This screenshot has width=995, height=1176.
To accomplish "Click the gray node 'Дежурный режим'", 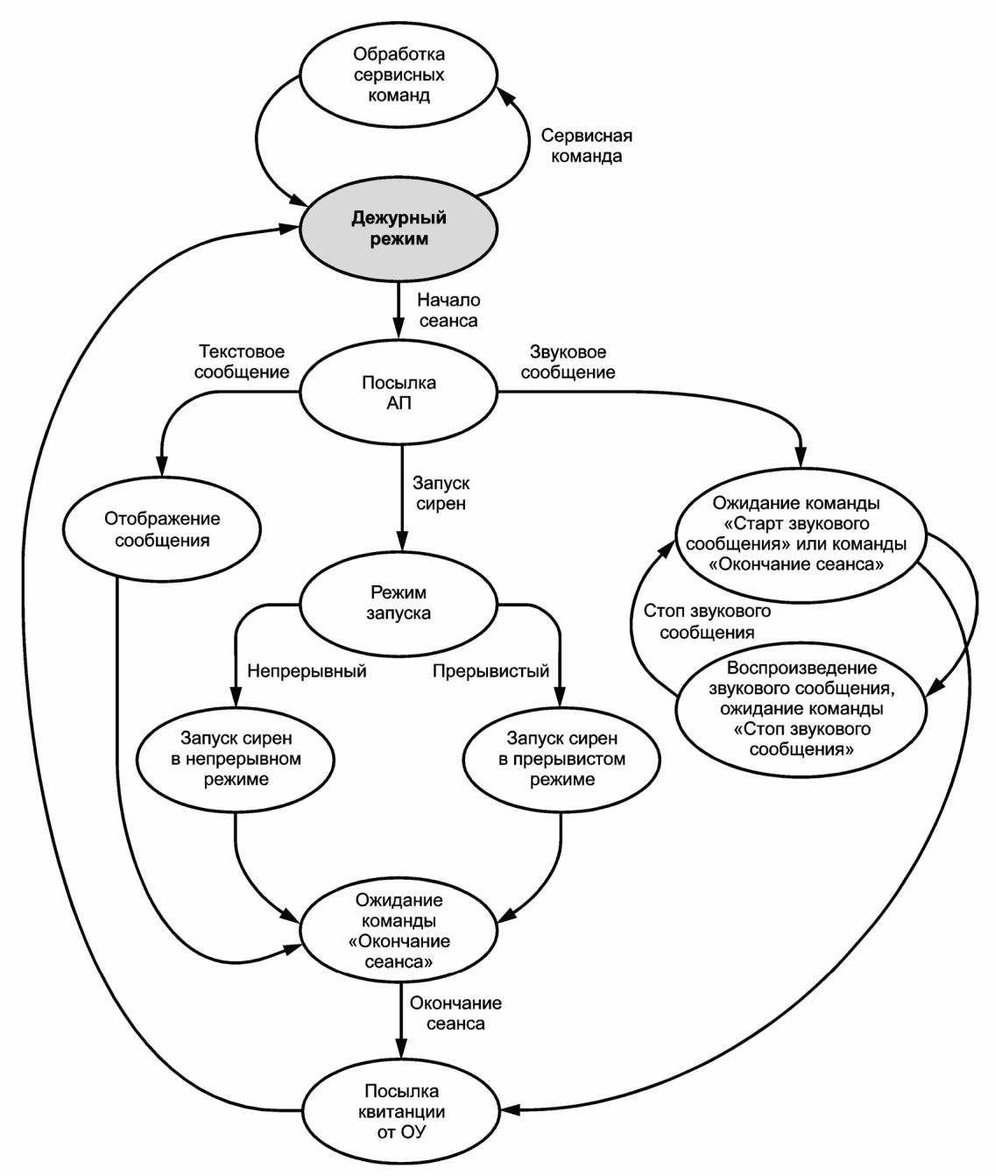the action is (399, 229).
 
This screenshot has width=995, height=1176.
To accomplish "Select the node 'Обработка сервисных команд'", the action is (399, 74).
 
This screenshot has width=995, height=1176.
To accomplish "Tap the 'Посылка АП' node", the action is (399, 392).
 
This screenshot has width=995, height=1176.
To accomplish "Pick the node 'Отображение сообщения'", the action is (162, 529).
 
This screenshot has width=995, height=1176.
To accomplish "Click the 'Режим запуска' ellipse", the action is (399, 603).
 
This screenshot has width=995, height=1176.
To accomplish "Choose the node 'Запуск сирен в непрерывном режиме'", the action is (236, 758).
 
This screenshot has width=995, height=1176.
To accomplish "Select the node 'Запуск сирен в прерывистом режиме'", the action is (561, 758).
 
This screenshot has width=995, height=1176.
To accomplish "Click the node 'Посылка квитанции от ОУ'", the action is (401, 1110).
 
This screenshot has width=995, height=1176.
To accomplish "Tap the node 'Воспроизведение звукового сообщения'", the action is (801, 710).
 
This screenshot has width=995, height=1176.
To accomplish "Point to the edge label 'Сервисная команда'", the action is (586, 145).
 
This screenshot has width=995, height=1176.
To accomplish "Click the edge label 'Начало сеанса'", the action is (448, 310).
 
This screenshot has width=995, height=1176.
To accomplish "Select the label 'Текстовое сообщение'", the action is (242, 361).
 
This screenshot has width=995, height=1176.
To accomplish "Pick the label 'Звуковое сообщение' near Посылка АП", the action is (568, 361).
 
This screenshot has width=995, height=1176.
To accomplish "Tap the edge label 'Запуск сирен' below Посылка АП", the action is (441, 493).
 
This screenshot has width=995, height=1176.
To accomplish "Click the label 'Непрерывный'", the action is (307, 670).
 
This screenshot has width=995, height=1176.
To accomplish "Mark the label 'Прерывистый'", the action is (491, 670).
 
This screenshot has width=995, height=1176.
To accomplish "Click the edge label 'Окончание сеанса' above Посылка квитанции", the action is (455, 1013).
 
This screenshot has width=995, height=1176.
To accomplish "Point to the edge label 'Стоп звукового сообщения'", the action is (707, 621).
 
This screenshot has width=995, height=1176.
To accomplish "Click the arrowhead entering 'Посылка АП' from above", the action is (399, 329).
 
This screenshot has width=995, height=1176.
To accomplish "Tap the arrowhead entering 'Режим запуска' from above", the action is (402, 541).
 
